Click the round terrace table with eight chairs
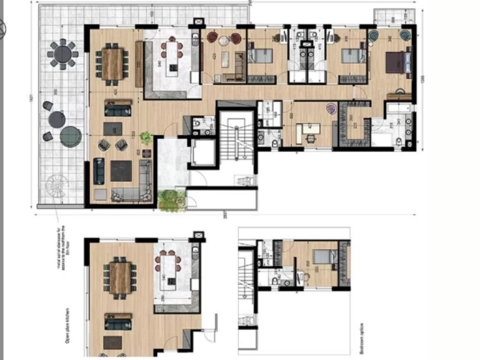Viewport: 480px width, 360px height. click(63, 54)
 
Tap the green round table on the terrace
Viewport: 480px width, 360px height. click(71, 136)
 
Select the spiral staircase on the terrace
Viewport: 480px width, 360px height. click(57, 186)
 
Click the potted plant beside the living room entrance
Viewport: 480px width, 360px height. click(146, 138)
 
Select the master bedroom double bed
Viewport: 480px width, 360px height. click(398, 62)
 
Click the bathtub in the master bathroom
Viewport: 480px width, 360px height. click(398, 113)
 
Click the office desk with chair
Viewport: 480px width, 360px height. click(307, 130)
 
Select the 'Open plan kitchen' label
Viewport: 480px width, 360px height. click(66, 327)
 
